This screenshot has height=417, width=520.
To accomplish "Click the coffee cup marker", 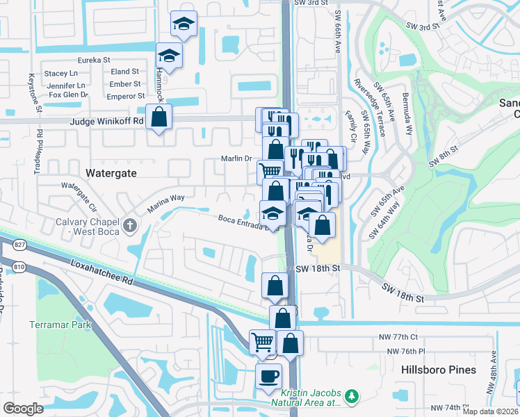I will point(268,377).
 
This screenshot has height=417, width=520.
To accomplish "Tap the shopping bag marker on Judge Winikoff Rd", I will point(159,117).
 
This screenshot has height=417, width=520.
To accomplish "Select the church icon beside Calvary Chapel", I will point(130,225).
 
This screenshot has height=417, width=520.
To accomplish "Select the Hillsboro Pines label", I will point(439,370).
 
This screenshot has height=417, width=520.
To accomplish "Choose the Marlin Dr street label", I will point(236,158).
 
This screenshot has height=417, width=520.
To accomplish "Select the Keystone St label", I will point(31,93).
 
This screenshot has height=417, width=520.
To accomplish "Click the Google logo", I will point(23,408).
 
